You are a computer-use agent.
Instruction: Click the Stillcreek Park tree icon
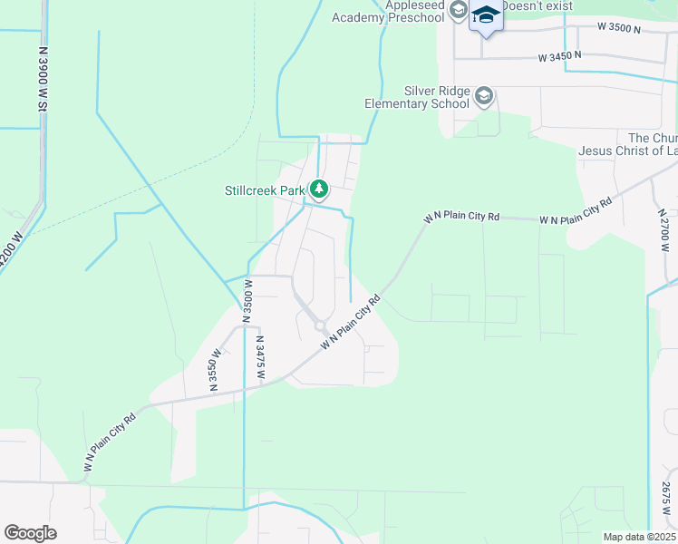(318, 189)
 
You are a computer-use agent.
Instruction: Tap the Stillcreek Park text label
(266, 190)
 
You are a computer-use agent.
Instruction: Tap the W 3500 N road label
(619, 29)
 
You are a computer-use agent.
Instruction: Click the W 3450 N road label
(559, 56)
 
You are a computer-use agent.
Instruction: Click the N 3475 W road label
(260, 358)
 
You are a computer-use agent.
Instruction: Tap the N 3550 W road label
(216, 370)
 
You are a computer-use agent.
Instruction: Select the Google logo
(31, 533)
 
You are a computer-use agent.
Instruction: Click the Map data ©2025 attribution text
(639, 537)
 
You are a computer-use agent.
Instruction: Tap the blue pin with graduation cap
(486, 16)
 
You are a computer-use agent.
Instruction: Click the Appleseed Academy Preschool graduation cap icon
(458, 11)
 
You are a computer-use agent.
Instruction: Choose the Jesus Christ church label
(627, 144)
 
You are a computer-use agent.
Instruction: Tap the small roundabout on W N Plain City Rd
(320, 326)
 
